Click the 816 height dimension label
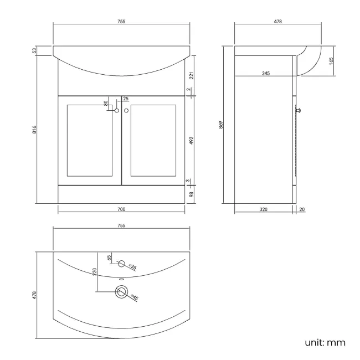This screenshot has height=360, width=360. click(x=34, y=130)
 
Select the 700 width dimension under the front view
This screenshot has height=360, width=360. click(x=121, y=209)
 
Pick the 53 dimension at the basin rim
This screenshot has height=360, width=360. click(x=34, y=51)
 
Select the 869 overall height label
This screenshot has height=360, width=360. click(x=220, y=125)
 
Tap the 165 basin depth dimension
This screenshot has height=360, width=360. click(x=331, y=60)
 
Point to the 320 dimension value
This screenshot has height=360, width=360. click(x=263, y=209)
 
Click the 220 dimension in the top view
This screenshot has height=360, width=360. click(x=95, y=272)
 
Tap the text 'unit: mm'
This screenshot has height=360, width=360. click(x=325, y=342)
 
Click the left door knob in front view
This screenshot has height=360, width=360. click(x=116, y=111)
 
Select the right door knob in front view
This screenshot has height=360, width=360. click(x=126, y=111)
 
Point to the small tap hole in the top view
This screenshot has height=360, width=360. click(x=122, y=264)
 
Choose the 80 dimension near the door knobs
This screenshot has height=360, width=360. click(x=106, y=103)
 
